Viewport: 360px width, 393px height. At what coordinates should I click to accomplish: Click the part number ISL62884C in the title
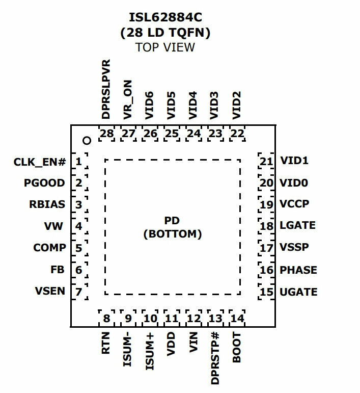click(x=165, y=17)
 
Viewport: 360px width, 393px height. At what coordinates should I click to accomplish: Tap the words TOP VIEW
click(x=165, y=47)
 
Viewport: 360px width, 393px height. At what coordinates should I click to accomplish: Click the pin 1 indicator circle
click(x=87, y=141)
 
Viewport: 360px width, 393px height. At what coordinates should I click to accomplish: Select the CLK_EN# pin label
click(x=40, y=162)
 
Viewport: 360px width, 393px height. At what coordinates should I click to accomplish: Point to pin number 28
click(x=106, y=134)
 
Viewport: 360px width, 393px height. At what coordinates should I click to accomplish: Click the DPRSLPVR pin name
click(x=106, y=89)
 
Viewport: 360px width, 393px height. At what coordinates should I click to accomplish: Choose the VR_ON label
click(x=128, y=100)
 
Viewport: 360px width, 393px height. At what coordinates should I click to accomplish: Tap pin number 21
click(x=266, y=162)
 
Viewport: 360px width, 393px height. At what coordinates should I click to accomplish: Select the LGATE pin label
click(x=297, y=225)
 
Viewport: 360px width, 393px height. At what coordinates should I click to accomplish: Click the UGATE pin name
click(x=298, y=292)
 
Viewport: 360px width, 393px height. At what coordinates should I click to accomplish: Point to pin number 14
click(x=237, y=319)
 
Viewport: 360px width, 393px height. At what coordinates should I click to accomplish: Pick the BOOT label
click(x=237, y=348)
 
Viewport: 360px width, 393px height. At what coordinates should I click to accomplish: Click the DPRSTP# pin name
click(x=215, y=358)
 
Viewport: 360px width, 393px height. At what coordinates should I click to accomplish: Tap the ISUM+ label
click(x=150, y=351)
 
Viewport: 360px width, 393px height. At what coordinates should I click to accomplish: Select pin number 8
click(x=106, y=319)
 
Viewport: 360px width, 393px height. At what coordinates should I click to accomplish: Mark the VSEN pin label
click(x=50, y=291)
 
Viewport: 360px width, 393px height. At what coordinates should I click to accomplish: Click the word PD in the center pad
click(x=172, y=221)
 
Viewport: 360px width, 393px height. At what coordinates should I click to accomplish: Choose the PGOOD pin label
click(x=44, y=183)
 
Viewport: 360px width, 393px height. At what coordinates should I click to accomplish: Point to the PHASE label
click(x=298, y=270)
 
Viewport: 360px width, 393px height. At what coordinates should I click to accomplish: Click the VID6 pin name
click(x=149, y=106)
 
